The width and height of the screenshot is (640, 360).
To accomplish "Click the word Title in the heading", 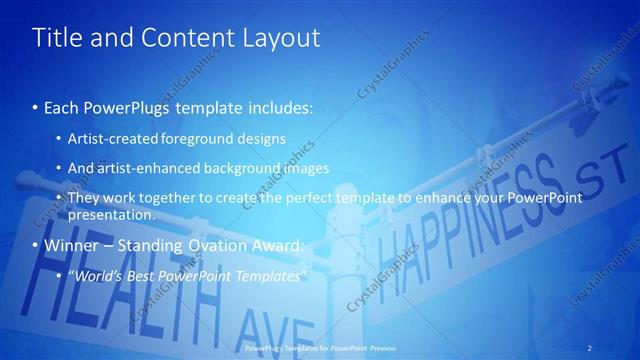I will tap(57, 38).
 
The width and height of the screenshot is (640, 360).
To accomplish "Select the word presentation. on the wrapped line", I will tap(111, 214).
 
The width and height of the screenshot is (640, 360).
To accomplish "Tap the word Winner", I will tap(70, 244).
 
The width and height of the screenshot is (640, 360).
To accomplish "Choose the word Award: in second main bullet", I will tap(273, 244).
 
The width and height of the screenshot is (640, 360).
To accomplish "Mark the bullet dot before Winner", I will tap(36, 245).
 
